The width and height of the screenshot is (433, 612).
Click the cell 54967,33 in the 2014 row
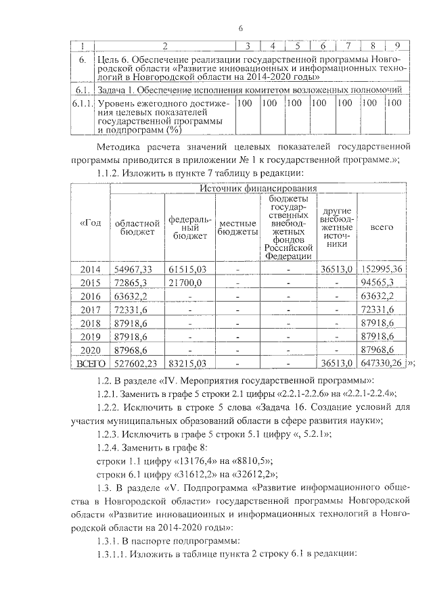click(134, 269)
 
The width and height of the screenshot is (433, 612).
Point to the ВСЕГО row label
click(90, 363)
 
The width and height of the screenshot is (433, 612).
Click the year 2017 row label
click(90, 309)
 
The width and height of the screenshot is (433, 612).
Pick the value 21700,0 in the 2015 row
click(186, 283)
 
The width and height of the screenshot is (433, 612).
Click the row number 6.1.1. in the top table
click(82, 103)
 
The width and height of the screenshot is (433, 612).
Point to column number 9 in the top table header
click(397, 45)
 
